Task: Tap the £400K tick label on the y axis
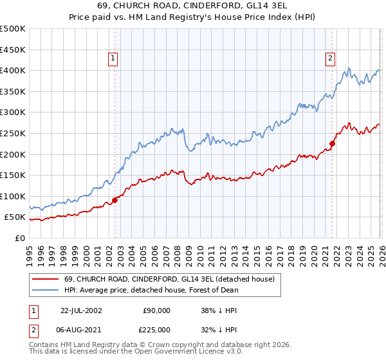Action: click(x=13, y=70)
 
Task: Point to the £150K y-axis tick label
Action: click(x=13, y=175)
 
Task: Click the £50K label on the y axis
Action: click(x=15, y=217)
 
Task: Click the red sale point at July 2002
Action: click(x=115, y=200)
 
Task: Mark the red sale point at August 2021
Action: click(x=333, y=143)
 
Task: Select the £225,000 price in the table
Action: click(x=157, y=330)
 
